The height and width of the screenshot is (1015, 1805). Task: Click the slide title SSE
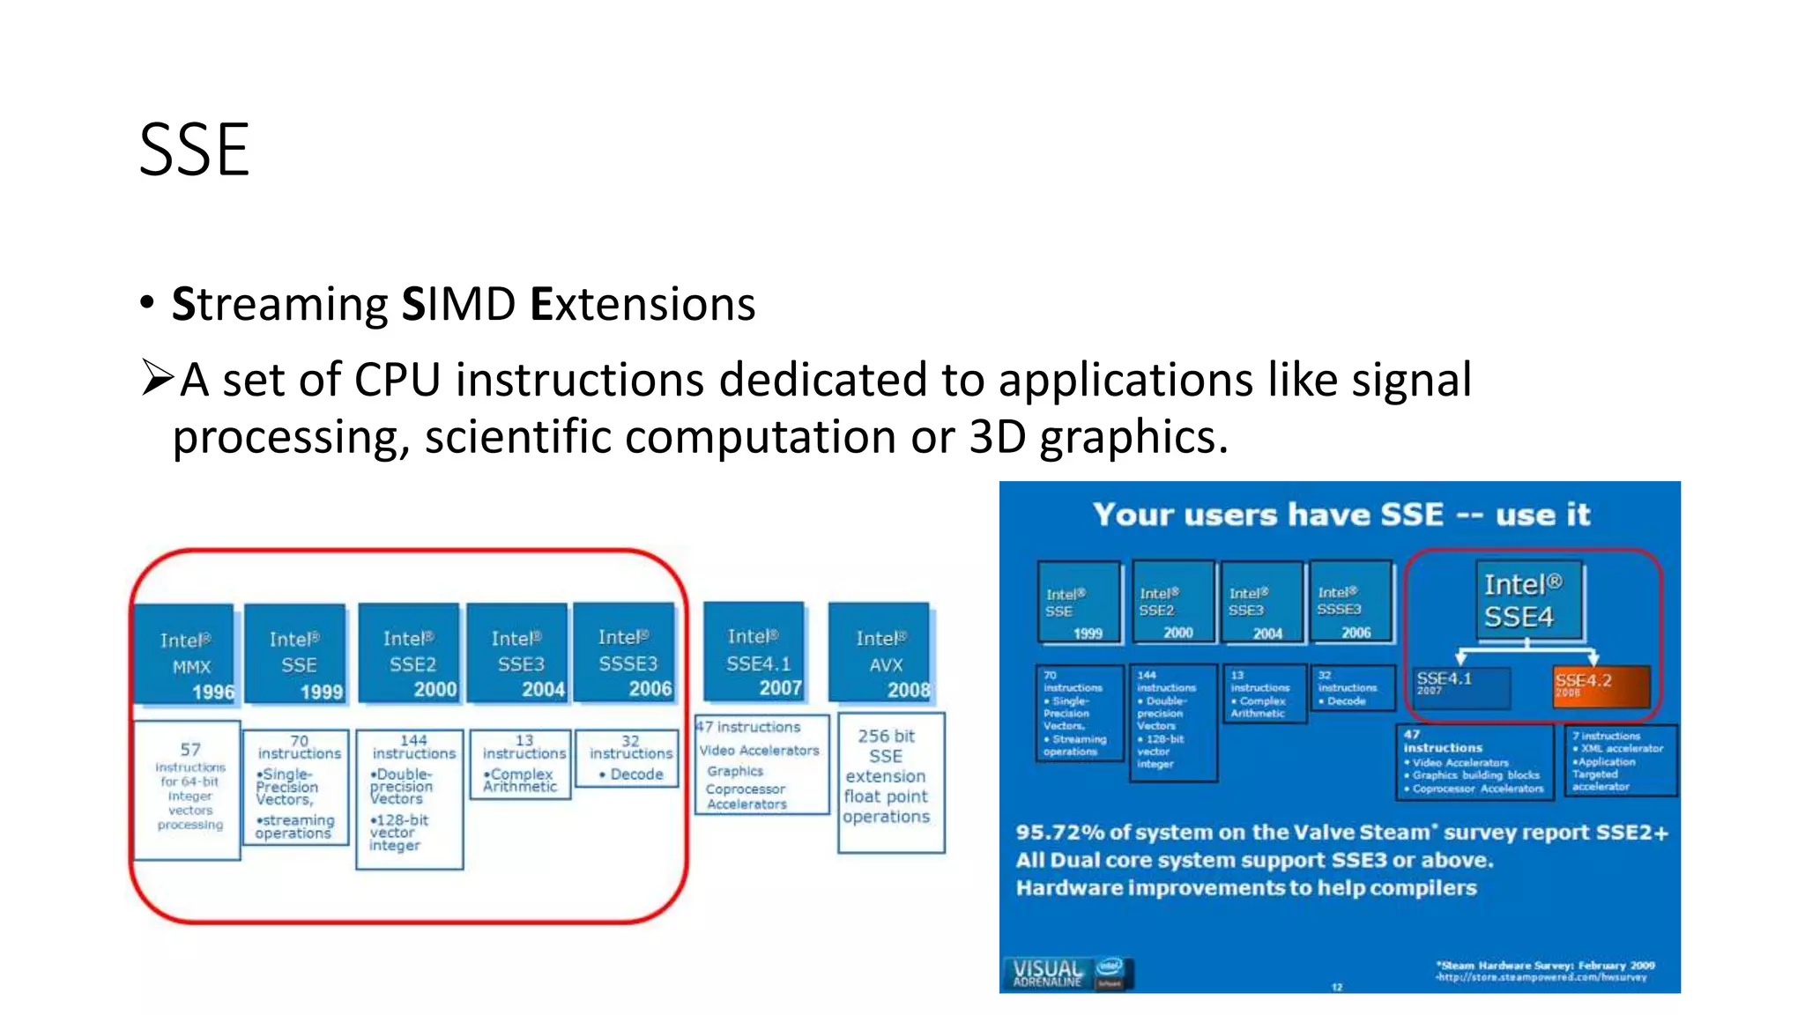194,151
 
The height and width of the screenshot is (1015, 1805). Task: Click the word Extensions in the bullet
643,305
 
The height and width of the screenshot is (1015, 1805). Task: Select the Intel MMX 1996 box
185,654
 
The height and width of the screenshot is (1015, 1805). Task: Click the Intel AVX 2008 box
880,652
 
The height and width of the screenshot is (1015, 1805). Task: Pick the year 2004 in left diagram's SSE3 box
543,690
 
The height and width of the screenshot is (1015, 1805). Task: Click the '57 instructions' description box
188,789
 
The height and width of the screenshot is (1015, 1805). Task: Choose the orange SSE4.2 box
1599,686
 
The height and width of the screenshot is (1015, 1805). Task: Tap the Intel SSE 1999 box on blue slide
1078,603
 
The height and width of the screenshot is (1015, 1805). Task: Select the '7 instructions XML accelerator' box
1620,760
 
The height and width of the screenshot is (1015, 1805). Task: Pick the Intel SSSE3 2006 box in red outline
624,652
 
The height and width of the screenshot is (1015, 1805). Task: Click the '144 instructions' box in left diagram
410,797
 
